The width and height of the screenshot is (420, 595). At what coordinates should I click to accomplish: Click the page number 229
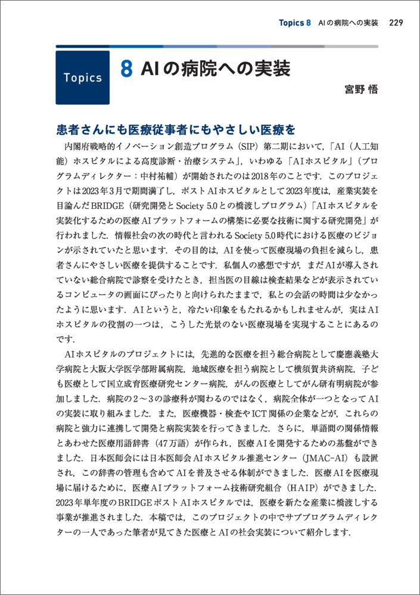click(396, 23)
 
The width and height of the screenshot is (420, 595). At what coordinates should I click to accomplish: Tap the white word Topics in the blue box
click(82, 78)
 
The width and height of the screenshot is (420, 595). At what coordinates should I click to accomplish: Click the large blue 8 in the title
click(126, 69)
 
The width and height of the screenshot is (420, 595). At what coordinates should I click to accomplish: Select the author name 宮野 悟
click(361, 90)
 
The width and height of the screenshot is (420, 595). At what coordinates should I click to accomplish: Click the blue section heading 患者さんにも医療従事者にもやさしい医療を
click(176, 129)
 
